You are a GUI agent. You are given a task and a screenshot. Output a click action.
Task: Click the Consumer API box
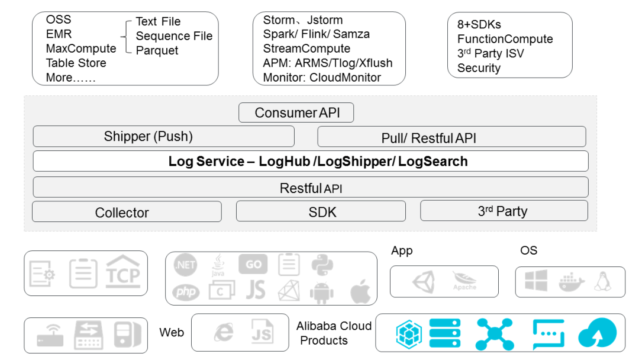pyautogui.click(x=296, y=112)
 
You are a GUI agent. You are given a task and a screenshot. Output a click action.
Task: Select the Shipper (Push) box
pyautogui.click(x=163, y=136)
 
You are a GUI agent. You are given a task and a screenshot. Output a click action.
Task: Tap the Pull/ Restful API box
pyautogui.click(x=451, y=137)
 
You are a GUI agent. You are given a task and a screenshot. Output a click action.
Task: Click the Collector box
pyautogui.click(x=127, y=211)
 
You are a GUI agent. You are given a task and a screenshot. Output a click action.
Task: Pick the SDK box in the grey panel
pyautogui.click(x=321, y=211)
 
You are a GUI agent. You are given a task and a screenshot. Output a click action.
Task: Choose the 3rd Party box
pyautogui.click(x=504, y=210)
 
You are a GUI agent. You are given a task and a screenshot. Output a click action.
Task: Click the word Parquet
pyautogui.click(x=157, y=50)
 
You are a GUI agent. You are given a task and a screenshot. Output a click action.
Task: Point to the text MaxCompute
pyautogui.click(x=81, y=49)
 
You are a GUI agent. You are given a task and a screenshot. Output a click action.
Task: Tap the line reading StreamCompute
pyautogui.click(x=306, y=49)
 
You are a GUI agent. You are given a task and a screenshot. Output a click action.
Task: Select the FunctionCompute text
pyautogui.click(x=505, y=39)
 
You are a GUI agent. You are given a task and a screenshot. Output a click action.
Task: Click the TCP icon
pyautogui.click(x=122, y=272)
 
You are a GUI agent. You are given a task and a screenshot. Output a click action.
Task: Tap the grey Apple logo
pyautogui.click(x=361, y=291)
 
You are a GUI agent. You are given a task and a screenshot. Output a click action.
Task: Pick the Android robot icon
pyautogui.click(x=322, y=292)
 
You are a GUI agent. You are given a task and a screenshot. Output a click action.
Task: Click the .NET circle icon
pyautogui.click(x=185, y=265)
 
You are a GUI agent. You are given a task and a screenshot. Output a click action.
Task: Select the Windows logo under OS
pyautogui.click(x=536, y=281)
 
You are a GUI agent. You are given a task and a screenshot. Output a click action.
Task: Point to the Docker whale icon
pyautogui.click(x=572, y=282)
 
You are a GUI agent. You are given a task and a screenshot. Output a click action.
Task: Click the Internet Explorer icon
pyautogui.click(x=224, y=332)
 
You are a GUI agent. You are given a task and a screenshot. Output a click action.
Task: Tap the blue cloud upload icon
pyautogui.click(x=597, y=333)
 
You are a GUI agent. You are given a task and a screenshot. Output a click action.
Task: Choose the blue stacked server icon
pyautogui.click(x=444, y=333)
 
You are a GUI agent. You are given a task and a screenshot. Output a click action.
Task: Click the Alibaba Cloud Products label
pyautogui.click(x=334, y=333)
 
